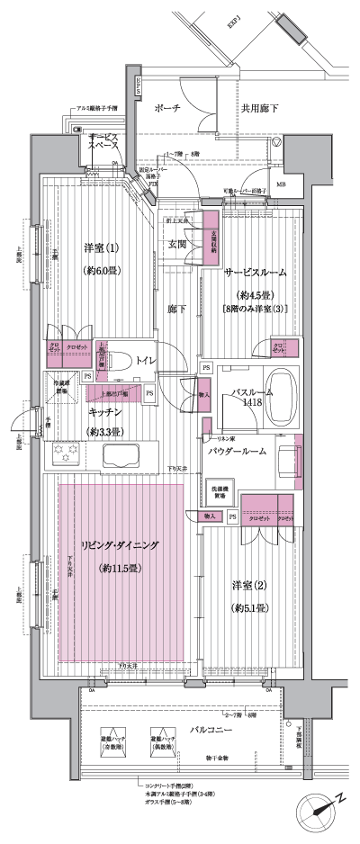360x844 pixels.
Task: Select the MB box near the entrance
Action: point(282,185)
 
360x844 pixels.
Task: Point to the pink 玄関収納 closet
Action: point(211,238)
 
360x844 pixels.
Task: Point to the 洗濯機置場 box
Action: point(220,489)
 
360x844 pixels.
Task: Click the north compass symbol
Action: point(320,806)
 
